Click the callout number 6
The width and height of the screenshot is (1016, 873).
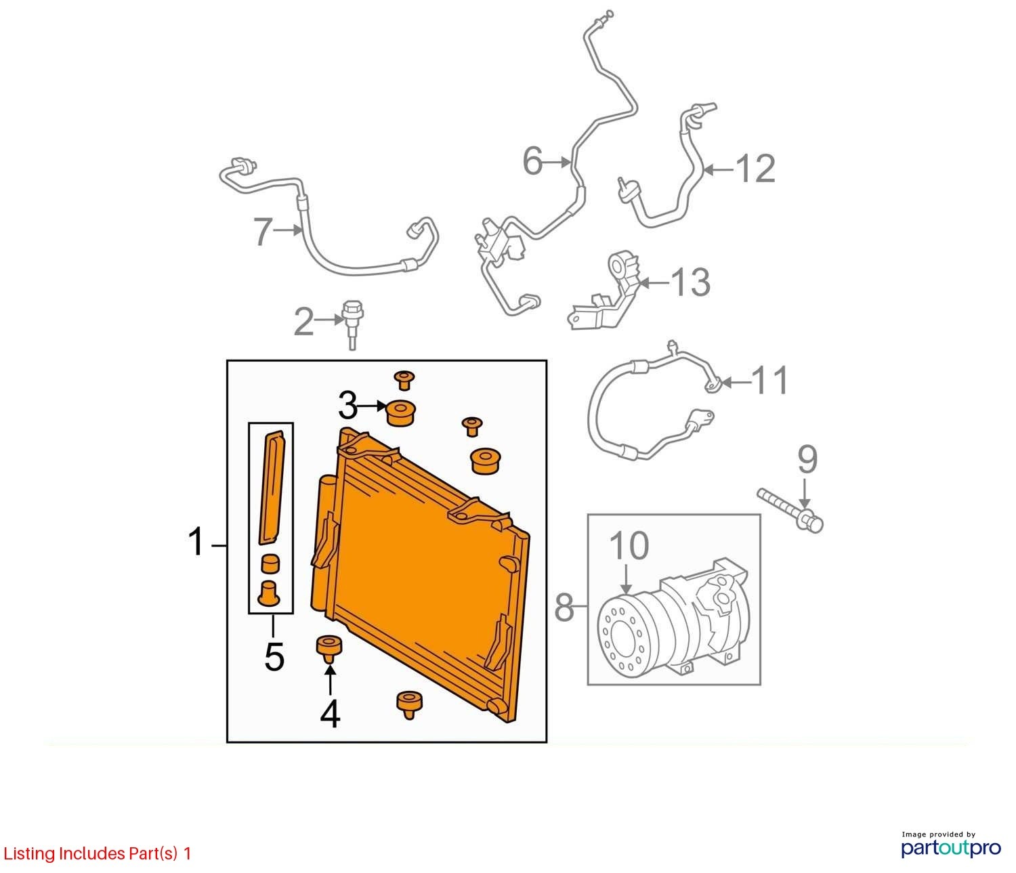(532, 161)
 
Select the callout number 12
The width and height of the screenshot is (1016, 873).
(755, 169)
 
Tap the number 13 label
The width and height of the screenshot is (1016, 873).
(690, 282)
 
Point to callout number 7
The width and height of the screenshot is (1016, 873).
(263, 232)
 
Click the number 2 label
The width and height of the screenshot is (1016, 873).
(303, 322)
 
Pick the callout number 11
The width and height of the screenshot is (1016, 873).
(770, 380)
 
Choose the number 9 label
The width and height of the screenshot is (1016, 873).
(807, 460)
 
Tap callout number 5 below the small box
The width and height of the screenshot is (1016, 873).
(274, 657)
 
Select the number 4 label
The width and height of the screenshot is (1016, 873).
(330, 714)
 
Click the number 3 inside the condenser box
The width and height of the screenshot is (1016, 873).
(348, 406)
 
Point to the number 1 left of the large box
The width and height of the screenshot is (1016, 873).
(196, 541)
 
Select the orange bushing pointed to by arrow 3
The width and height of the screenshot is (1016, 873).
(402, 413)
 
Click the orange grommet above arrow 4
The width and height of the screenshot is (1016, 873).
(329, 650)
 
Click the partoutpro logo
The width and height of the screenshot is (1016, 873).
(951, 848)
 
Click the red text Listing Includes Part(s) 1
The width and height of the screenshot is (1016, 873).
(97, 853)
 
